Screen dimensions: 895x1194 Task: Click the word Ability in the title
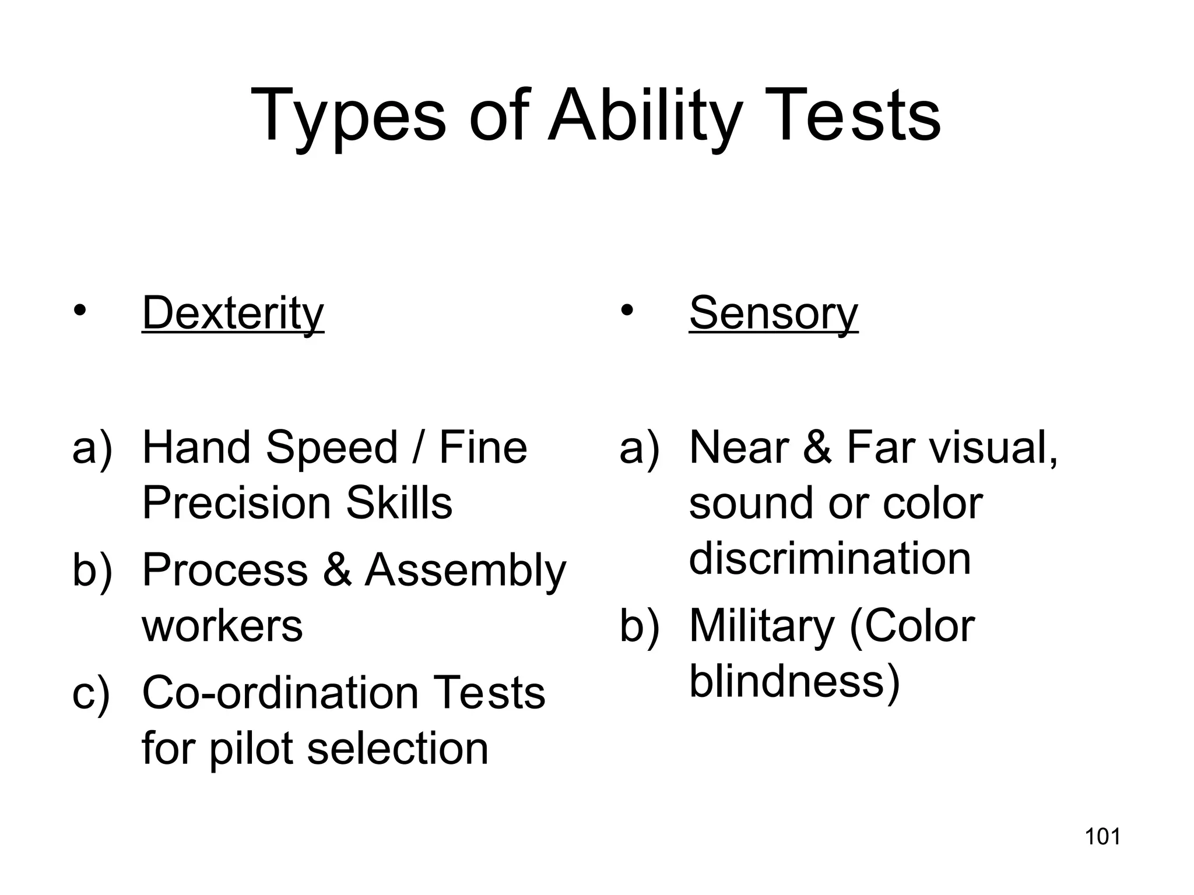pyautogui.click(x=645, y=117)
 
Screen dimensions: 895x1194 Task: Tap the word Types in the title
pyautogui.click(x=347, y=117)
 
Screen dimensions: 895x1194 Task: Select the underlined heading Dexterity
pyautogui.click(x=233, y=314)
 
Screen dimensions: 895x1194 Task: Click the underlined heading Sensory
pyautogui.click(x=773, y=314)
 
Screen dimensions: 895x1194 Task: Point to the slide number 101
pyautogui.click(x=1102, y=837)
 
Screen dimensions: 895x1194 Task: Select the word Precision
pyautogui.click(x=236, y=503)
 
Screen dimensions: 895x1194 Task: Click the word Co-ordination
pyautogui.click(x=280, y=693)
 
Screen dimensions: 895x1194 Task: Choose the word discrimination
pyautogui.click(x=830, y=558)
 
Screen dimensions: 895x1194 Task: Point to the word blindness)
pyautogui.click(x=795, y=682)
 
